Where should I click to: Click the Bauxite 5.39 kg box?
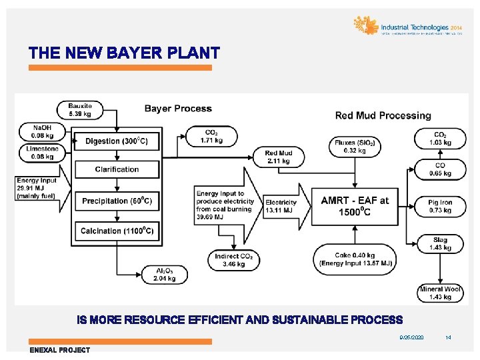coord(81,109)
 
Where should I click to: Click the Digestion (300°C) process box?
coord(117,141)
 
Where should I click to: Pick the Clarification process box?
coord(117,169)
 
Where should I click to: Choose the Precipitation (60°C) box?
coord(117,201)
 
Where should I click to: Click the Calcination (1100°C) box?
coord(117,231)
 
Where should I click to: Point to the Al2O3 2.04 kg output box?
coord(163,274)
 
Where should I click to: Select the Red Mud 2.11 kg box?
coord(278,157)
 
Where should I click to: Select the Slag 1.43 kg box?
coord(440,243)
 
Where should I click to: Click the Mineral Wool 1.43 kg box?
coord(440,293)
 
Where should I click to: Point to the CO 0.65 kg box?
coord(440,169)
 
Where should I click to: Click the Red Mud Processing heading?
coord(383,115)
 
